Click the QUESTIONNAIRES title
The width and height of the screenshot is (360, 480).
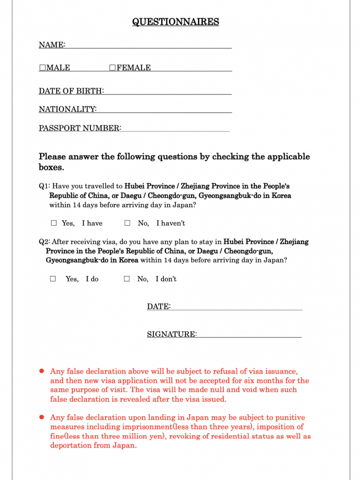click(175, 22)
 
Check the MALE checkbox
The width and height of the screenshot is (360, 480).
click(42, 68)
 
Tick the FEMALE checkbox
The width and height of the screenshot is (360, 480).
click(112, 68)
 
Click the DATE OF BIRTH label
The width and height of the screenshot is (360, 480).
click(71, 91)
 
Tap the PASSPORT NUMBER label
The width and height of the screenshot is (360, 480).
click(80, 128)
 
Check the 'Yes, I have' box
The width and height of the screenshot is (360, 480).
click(54, 223)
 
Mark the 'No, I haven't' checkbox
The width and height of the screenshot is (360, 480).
click(128, 223)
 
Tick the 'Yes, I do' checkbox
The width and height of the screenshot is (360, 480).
click(53, 279)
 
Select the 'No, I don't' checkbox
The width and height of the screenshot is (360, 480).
click(127, 279)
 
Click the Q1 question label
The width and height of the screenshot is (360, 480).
click(44, 187)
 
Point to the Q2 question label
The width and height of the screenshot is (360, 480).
click(44, 242)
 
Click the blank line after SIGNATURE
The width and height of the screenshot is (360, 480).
click(249, 334)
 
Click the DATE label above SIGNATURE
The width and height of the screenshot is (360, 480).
click(158, 307)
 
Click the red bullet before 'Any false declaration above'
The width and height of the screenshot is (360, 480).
click(41, 370)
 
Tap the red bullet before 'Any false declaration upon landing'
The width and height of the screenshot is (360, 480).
click(41, 417)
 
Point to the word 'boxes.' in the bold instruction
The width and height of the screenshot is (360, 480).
click(51, 167)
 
